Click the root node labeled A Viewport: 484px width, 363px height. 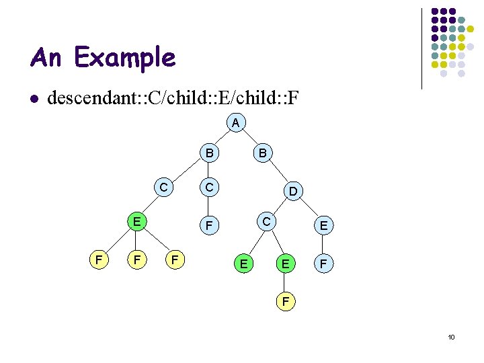point(235,123)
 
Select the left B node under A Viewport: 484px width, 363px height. point(210,154)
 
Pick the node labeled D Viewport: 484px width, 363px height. point(294,192)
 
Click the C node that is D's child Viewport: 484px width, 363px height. point(266,221)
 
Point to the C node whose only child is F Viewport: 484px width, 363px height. point(210,188)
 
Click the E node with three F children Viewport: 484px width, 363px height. point(136,220)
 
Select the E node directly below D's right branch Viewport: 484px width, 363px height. point(323,227)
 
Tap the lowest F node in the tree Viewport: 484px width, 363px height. point(286,302)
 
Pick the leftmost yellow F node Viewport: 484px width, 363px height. point(98,258)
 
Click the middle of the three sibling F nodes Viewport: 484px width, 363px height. point(136,258)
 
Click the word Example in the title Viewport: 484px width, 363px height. point(125,58)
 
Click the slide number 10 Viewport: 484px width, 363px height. point(451,337)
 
